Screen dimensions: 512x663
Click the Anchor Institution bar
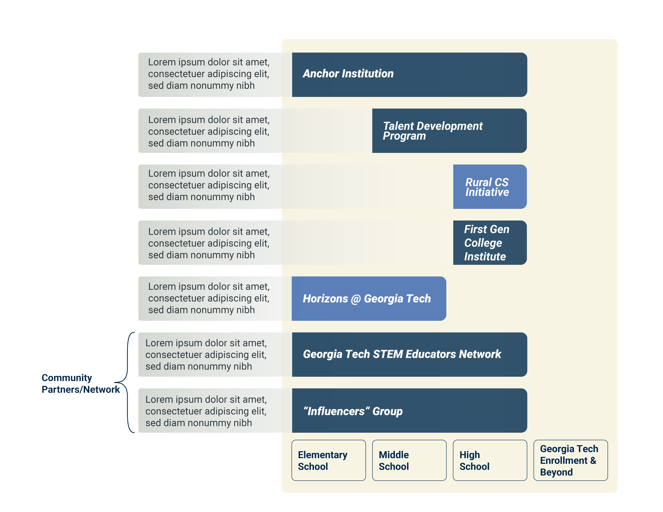coord(409,75)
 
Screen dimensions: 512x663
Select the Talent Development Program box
coord(449,131)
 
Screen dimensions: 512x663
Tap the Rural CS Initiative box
coord(490,187)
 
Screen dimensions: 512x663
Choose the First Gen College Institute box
coord(490,243)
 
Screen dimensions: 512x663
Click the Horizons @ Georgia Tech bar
coord(369,298)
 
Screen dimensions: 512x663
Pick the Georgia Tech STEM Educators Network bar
coord(409,354)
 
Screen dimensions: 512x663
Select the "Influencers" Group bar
coord(409,411)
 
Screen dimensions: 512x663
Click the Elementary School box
coord(329,460)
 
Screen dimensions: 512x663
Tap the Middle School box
coord(409,460)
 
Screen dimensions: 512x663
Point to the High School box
coord(490,460)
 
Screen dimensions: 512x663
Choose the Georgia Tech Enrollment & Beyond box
coord(570,460)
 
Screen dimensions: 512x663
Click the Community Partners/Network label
coord(80,384)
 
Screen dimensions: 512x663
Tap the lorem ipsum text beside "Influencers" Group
coord(206,411)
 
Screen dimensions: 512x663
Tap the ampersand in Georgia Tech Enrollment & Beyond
coord(593,460)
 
